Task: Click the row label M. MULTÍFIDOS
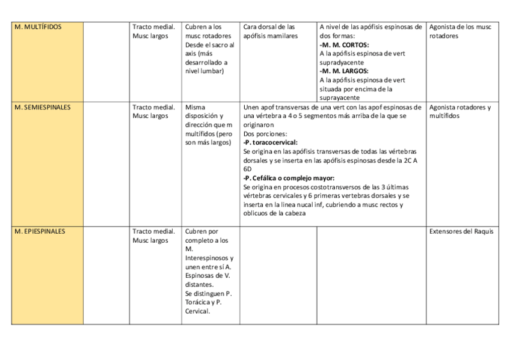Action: (x=37, y=27)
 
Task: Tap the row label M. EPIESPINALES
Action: (x=40, y=231)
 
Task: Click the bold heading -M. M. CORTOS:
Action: (x=345, y=45)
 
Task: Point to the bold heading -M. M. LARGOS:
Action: (x=344, y=71)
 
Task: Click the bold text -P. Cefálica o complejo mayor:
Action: (x=289, y=178)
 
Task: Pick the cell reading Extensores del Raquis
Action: (x=461, y=231)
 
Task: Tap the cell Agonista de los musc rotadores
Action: (x=460, y=31)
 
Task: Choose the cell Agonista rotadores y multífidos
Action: (x=460, y=112)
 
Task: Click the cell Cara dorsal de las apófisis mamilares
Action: (x=270, y=31)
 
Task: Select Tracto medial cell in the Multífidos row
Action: (x=154, y=31)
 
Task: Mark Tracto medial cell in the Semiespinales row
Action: (x=154, y=112)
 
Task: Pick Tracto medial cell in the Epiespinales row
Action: (x=154, y=236)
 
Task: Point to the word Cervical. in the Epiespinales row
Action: (x=198, y=311)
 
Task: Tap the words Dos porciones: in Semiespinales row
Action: (x=265, y=134)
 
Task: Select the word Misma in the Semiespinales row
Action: (x=195, y=108)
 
